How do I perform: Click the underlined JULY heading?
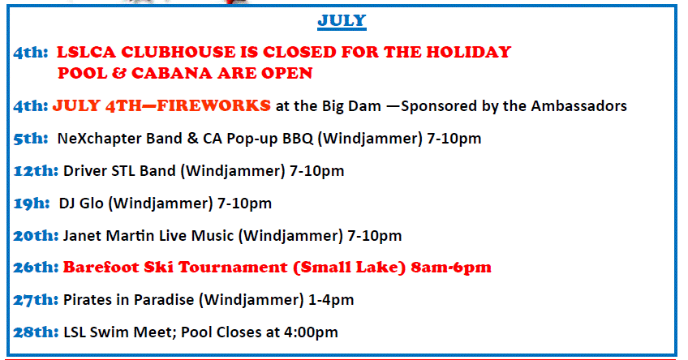coord(342,21)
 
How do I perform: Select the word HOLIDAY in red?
coord(469,52)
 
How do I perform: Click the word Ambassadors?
coord(578,106)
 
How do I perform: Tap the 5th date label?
coord(30,139)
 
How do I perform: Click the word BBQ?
coord(298,139)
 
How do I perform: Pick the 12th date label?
coord(36,171)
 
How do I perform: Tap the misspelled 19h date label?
coord(31,204)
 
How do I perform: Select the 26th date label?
coord(36,268)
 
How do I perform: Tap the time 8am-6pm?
coord(451,268)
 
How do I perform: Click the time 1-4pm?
coord(331,300)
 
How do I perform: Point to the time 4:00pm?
coord(311,332)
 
